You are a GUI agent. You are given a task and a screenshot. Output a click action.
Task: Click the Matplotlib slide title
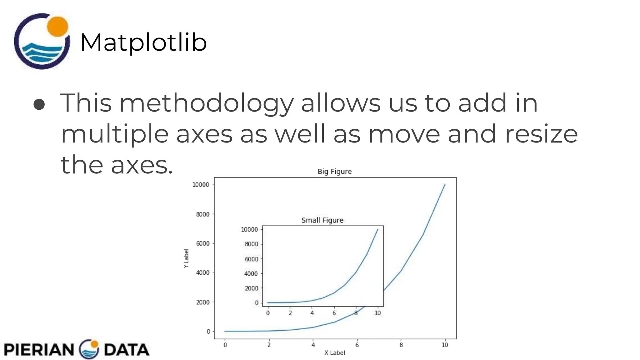143,42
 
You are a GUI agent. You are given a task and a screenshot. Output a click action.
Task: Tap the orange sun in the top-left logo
57,26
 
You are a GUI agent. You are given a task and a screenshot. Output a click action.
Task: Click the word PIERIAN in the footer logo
39,349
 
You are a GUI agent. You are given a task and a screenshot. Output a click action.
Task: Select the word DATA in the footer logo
126,349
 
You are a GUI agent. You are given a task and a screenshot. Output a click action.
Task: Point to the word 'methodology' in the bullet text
207,103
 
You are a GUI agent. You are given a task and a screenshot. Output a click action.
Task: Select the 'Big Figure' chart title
334,171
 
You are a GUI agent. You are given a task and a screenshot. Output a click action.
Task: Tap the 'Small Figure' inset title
322,220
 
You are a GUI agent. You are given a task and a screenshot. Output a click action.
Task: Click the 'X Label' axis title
334,353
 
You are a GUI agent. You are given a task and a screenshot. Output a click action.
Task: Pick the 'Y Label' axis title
186,258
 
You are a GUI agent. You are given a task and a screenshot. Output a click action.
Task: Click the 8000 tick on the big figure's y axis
203,214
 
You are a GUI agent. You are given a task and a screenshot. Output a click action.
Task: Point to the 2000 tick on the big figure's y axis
203,302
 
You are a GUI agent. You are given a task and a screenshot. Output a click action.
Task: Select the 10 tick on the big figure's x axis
445,345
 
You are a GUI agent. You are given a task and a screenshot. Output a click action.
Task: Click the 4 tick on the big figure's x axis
313,345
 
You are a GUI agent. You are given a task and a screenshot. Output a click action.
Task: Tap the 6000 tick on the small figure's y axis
251,259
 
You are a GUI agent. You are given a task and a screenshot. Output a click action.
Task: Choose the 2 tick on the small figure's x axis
290,313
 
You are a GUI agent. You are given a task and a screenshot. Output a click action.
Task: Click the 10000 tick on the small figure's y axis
249,229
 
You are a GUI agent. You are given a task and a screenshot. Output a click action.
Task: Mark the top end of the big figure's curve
445,184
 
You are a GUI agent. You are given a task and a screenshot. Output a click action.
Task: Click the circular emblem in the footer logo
89,349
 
